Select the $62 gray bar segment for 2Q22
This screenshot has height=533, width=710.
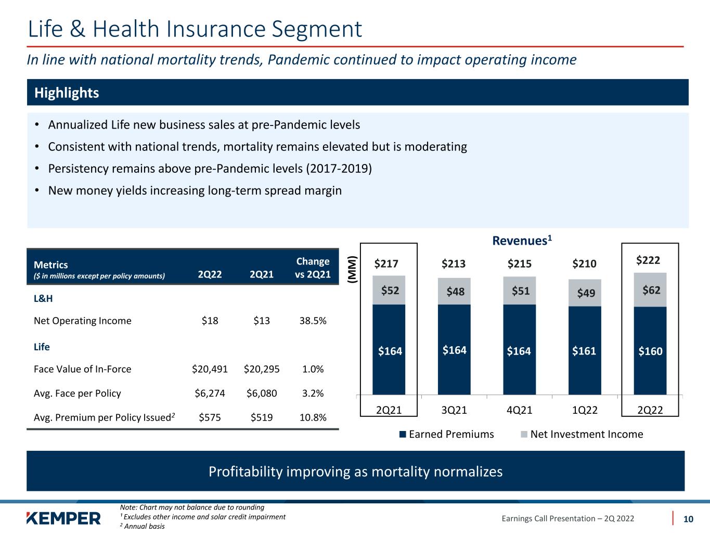[x=650, y=289]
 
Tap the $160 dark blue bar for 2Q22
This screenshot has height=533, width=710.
[x=650, y=350]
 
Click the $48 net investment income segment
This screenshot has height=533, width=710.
[x=454, y=291]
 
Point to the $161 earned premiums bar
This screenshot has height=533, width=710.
[x=585, y=350]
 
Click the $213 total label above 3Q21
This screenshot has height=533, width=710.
[x=454, y=263]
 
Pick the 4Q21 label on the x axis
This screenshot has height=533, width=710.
[x=519, y=410]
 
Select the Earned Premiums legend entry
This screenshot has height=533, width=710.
[x=447, y=434]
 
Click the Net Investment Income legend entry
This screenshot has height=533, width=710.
[x=582, y=434]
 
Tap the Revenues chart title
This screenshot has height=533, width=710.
[x=522, y=240]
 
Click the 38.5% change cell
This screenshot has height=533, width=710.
[x=313, y=321]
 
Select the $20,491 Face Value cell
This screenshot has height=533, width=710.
[x=210, y=369]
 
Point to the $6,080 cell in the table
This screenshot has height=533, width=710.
[x=261, y=393]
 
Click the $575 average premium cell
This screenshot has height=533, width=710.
[x=210, y=417]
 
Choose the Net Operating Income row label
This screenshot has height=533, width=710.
[x=83, y=321]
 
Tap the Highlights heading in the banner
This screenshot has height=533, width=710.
[x=67, y=93]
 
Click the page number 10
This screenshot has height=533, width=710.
[x=688, y=519]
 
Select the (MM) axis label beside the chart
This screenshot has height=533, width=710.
[x=352, y=270]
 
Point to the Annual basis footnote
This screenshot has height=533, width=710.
[x=143, y=526]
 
